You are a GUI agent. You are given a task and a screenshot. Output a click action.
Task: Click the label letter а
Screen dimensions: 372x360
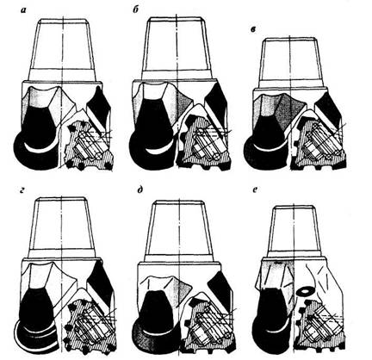pos(23,11)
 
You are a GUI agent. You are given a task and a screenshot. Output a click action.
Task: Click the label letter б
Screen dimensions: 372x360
pos(136,11)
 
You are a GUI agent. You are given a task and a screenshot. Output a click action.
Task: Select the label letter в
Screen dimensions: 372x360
pos(253,30)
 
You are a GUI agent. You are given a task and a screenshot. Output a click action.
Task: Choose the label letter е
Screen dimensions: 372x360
pos(255,189)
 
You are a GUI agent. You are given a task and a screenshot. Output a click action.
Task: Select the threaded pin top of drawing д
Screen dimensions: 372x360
pos(178,227)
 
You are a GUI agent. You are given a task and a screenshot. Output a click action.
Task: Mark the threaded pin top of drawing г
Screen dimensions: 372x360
pos(62,227)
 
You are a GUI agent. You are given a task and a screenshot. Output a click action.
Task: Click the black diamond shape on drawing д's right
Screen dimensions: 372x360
pos(220,291)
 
